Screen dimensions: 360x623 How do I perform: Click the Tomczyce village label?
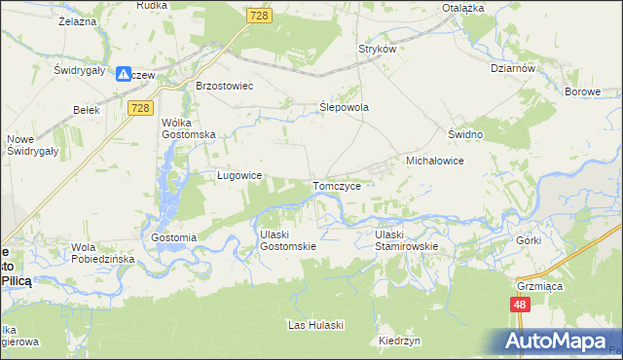click(x=337, y=185)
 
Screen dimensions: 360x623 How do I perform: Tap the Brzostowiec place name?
click(x=224, y=86)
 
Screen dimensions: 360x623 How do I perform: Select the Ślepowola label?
click(x=345, y=108)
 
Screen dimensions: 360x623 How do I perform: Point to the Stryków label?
click(x=378, y=48)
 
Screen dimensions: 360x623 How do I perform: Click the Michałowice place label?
click(x=433, y=159)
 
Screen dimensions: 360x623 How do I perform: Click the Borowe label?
click(x=583, y=91)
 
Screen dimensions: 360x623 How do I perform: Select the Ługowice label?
click(x=238, y=175)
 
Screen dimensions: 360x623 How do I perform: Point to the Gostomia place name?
click(x=174, y=237)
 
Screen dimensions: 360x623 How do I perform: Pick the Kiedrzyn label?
click(x=400, y=342)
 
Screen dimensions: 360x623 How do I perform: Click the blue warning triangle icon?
click(x=124, y=74)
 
